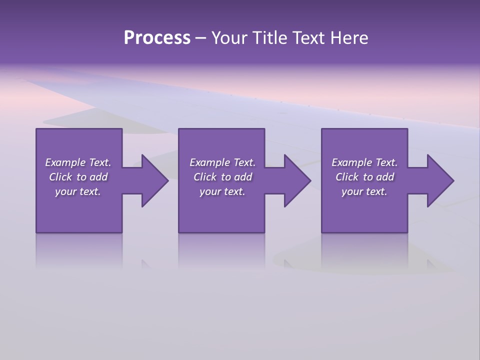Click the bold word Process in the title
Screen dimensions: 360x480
[157, 38]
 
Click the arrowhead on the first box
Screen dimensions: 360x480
[154, 180]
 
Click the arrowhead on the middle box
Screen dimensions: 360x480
[297, 180]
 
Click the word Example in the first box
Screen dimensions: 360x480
[65, 162]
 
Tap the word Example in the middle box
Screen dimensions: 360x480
[210, 162]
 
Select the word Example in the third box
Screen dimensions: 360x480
[352, 162]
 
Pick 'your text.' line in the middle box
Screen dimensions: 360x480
[222, 191]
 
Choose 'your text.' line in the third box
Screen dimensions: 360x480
[364, 191]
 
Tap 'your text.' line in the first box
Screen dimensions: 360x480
[78, 191]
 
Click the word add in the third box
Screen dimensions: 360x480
[385, 177]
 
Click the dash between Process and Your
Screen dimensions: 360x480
[200, 38]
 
